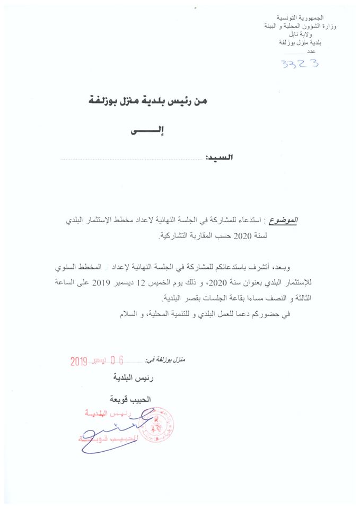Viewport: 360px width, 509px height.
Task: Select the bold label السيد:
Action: click(x=219, y=158)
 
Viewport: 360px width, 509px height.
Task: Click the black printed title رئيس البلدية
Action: click(x=127, y=379)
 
